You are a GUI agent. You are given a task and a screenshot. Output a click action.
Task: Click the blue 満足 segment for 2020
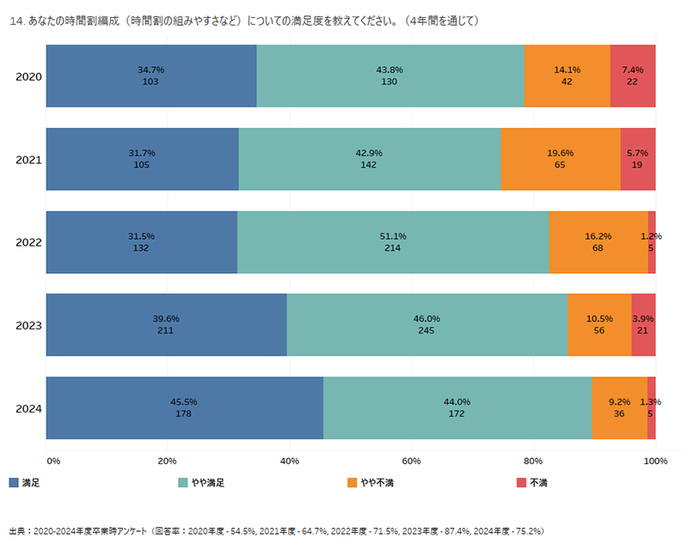(x=151, y=76)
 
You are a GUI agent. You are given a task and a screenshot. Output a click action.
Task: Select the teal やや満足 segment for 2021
(x=370, y=159)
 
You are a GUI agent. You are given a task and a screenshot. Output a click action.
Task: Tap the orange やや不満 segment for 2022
(x=599, y=242)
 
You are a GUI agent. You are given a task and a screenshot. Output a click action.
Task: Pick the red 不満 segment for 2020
(x=633, y=76)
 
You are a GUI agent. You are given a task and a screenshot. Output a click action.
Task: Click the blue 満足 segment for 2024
(x=184, y=408)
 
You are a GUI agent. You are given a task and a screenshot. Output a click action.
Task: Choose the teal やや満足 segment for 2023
(x=427, y=325)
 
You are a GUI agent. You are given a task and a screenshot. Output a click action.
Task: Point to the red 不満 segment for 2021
(x=638, y=159)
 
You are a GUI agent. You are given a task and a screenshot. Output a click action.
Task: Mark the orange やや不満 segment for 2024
(x=619, y=408)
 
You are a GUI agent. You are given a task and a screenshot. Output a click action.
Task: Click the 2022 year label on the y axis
(x=29, y=242)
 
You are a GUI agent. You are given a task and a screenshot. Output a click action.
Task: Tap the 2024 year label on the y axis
(x=29, y=408)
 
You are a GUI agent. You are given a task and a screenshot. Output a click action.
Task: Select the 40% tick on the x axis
(x=290, y=462)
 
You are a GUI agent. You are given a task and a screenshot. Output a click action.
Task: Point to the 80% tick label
(x=533, y=462)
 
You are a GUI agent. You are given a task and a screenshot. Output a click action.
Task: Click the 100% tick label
(x=655, y=462)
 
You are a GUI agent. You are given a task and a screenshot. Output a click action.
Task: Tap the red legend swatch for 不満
(x=521, y=483)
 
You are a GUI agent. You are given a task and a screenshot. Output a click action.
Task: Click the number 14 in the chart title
(x=14, y=20)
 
